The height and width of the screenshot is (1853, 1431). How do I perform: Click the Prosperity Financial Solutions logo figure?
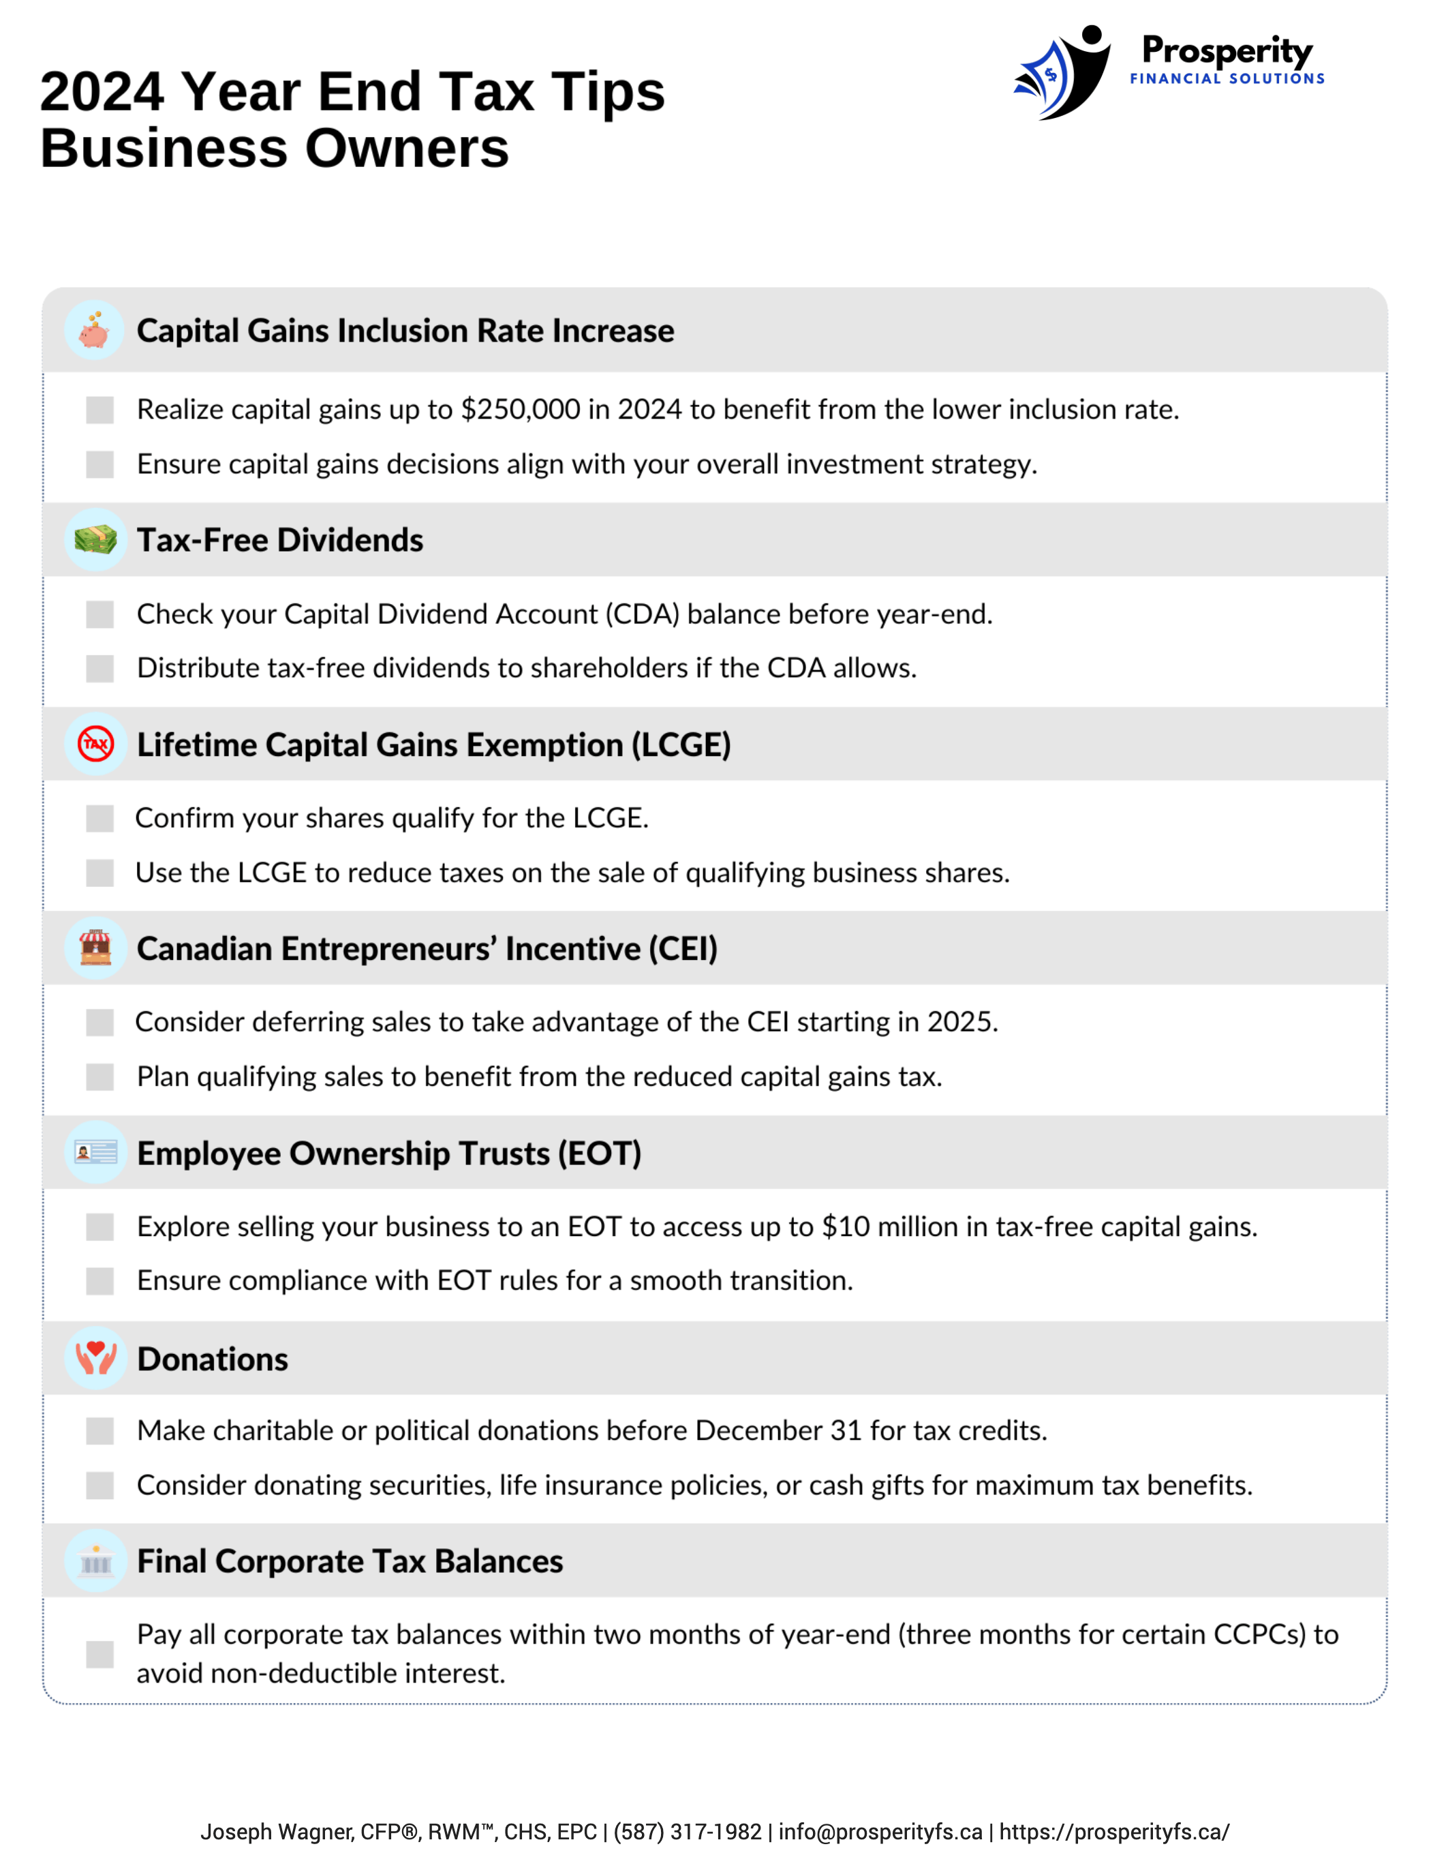coord(1064,73)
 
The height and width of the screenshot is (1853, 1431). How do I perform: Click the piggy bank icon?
coord(95,330)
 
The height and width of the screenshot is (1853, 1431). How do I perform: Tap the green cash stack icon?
coord(95,540)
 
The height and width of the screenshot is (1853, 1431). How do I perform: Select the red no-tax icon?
coord(95,744)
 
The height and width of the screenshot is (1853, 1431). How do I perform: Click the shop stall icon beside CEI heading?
coord(95,948)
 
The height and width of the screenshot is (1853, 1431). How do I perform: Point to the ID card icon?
coord(95,1152)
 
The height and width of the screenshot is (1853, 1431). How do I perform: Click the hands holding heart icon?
coord(95,1357)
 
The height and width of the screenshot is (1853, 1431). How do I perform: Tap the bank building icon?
coord(95,1561)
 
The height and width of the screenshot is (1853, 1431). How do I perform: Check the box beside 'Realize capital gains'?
coord(100,410)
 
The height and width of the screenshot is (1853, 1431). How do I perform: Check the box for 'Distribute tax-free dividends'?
coord(100,669)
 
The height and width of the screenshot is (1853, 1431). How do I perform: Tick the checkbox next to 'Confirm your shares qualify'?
coord(100,819)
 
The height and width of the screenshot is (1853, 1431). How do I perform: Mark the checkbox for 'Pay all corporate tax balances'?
coord(100,1654)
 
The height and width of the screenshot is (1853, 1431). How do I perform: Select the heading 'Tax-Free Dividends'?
coord(280,541)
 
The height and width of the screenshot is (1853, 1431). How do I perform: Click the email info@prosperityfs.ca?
coord(880,1831)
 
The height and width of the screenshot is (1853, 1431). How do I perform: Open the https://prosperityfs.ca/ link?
coord(1113,1831)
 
